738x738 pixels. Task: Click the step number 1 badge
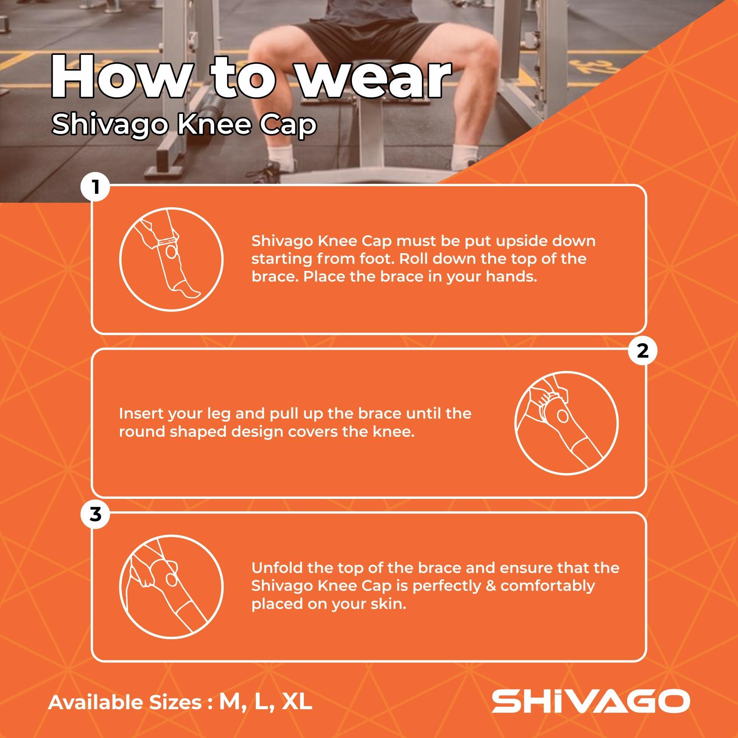click(x=95, y=187)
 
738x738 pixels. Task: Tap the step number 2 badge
click(x=643, y=351)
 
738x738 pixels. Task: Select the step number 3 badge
click(x=95, y=514)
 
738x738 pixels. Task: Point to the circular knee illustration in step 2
click(x=567, y=424)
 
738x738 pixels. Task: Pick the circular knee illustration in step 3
click(x=171, y=587)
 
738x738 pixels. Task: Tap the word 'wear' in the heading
click(x=372, y=79)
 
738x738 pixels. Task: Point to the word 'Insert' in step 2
click(x=141, y=414)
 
